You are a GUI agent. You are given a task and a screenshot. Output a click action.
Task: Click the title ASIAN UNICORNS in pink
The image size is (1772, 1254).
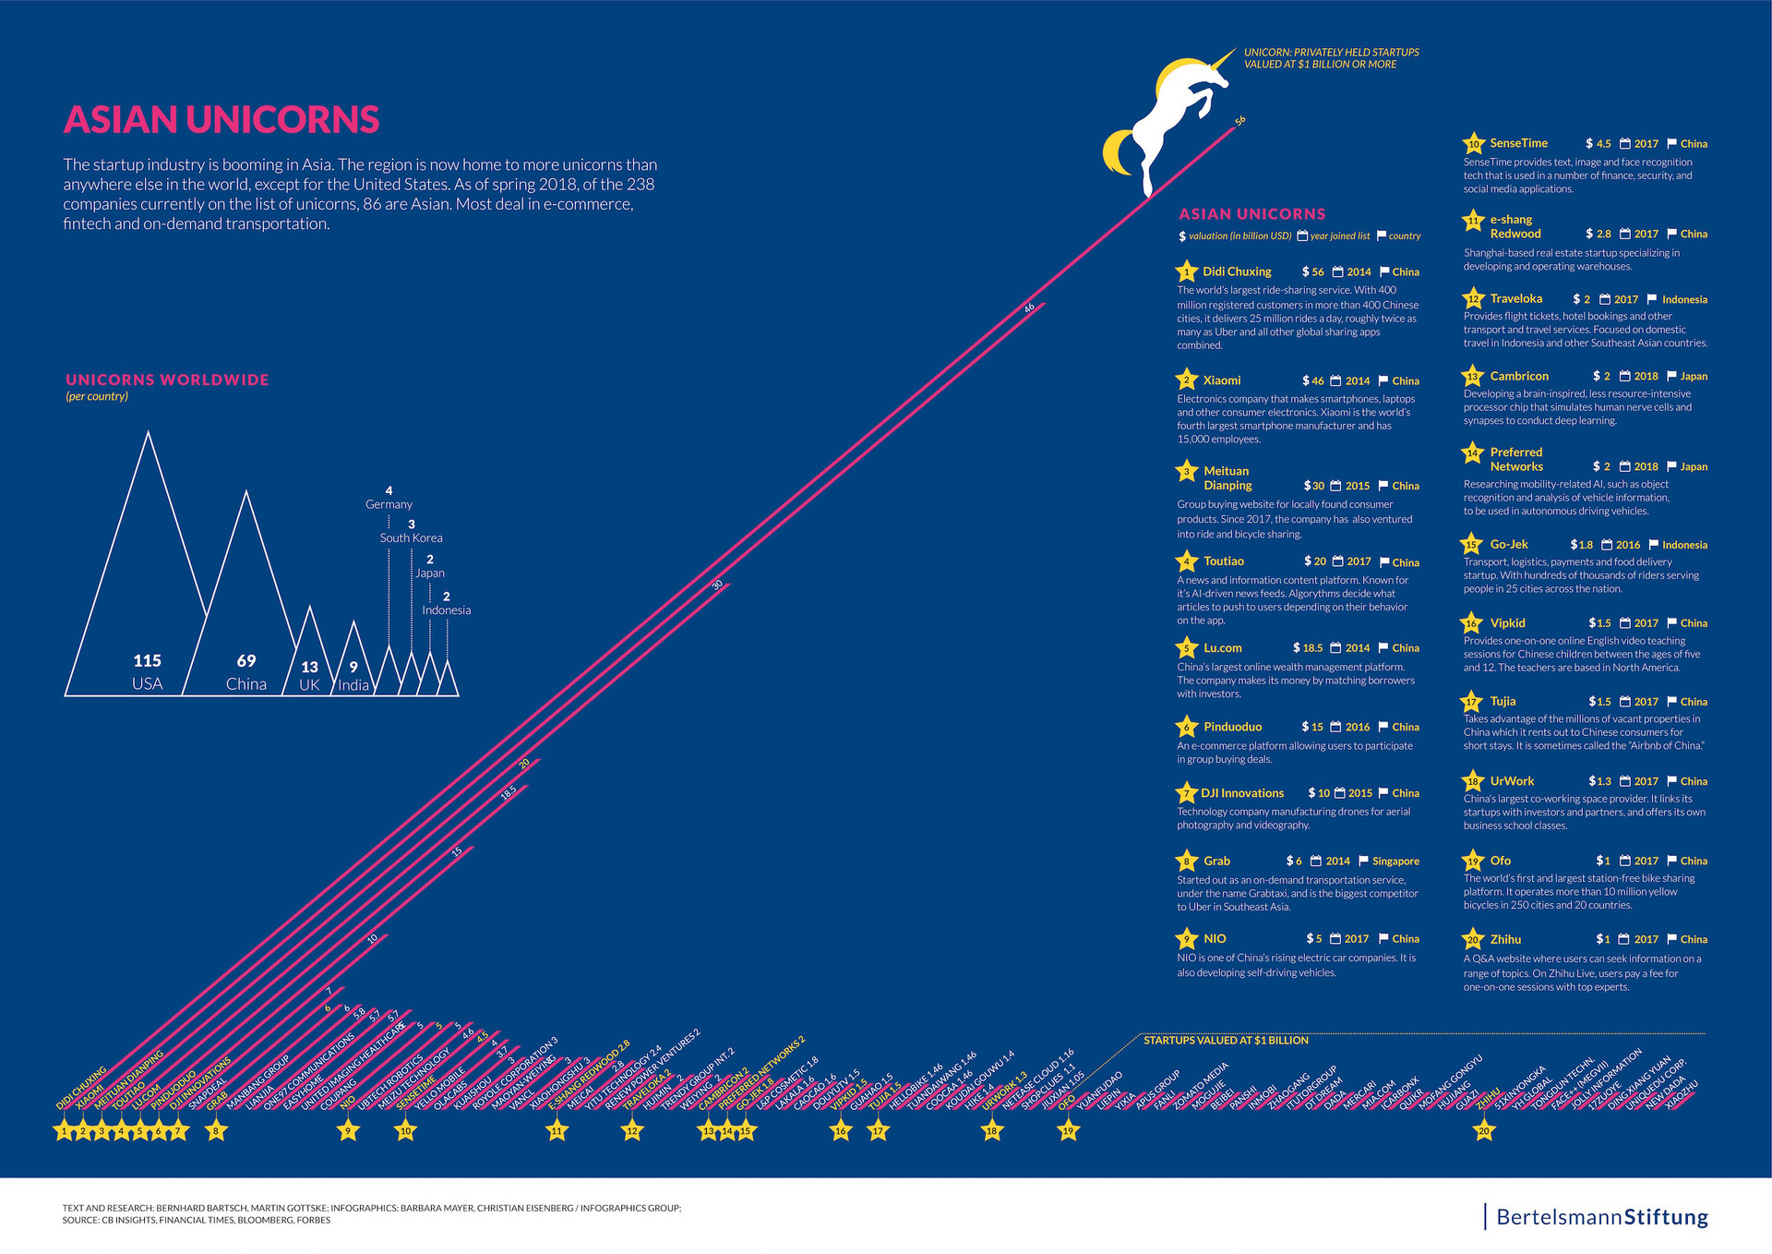[x=221, y=120]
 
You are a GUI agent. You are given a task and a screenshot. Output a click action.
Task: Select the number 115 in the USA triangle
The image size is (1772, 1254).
[x=147, y=660]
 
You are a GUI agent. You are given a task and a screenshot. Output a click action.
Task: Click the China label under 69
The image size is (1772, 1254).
[x=245, y=684]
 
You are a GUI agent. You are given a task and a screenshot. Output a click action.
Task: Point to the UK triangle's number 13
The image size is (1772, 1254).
[x=309, y=667]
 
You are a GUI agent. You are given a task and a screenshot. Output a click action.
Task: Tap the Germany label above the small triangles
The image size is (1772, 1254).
[x=389, y=504]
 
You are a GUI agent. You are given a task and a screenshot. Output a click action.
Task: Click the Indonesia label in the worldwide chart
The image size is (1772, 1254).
[x=447, y=610]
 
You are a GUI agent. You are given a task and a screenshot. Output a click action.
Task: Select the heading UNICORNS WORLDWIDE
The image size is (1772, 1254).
[x=167, y=380]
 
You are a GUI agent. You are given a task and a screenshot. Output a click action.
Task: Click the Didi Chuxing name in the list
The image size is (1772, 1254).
[x=1237, y=271]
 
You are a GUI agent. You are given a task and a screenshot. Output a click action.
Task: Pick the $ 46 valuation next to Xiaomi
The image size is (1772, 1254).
[x=1313, y=380]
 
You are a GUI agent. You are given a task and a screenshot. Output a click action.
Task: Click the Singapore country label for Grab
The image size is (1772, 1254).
[x=1395, y=862]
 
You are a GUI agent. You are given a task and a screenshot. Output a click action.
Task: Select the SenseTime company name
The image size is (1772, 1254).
[x=1518, y=143]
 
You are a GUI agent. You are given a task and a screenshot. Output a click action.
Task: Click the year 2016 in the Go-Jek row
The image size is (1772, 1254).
[x=1628, y=545]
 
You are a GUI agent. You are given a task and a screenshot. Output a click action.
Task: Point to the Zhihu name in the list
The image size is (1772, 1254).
[x=1505, y=939]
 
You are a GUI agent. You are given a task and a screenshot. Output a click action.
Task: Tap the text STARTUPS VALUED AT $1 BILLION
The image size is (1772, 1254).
[x=1226, y=1041]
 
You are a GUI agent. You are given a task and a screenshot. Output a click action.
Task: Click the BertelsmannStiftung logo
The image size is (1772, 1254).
[x=1601, y=1217]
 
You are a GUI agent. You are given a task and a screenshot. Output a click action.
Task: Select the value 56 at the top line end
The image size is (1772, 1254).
[x=1240, y=120]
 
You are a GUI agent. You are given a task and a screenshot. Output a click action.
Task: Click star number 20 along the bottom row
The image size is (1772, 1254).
[x=1484, y=1130]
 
